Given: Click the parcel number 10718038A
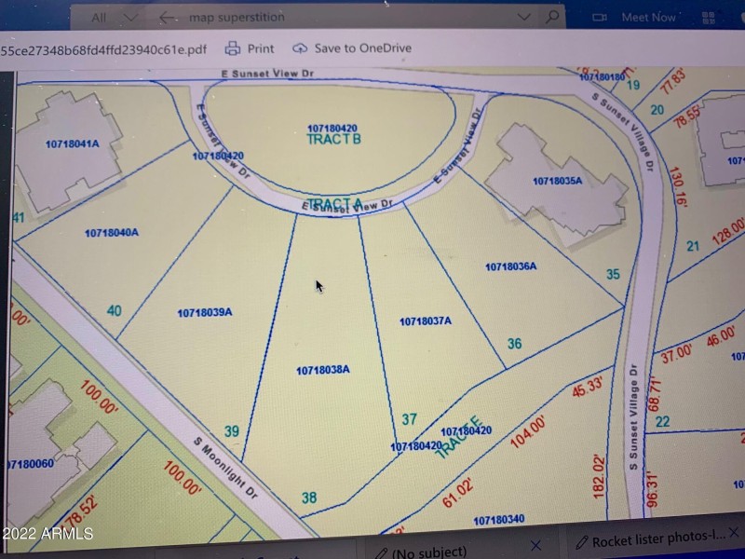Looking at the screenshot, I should [x=322, y=370].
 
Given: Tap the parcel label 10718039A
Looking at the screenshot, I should [x=204, y=313].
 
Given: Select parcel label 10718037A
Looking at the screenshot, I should [x=425, y=321].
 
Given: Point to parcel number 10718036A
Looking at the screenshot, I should [x=510, y=267].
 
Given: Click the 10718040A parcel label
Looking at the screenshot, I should [x=111, y=233].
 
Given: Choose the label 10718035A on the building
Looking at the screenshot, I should [x=557, y=181].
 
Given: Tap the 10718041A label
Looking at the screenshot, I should [x=71, y=143].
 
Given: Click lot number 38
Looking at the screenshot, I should [x=309, y=498].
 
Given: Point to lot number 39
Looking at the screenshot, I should [x=233, y=430].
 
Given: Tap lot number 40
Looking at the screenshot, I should [x=114, y=310].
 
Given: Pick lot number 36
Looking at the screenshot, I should [x=514, y=344].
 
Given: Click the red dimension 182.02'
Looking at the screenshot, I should [x=598, y=474].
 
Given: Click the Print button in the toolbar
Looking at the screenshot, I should [x=250, y=48].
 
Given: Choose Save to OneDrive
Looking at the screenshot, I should [x=351, y=48].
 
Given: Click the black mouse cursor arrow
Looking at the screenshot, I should [x=318, y=285].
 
